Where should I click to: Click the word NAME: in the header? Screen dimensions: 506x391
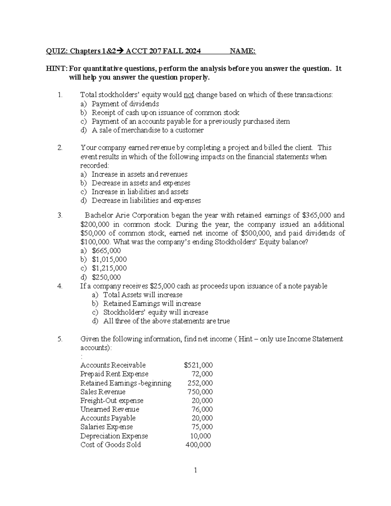pyautogui.click(x=242, y=51)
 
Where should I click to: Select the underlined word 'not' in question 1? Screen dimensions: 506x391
pyautogui.click(x=189, y=95)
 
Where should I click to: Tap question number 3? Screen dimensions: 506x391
pyautogui.click(x=60, y=215)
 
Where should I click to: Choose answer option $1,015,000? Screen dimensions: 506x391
pyautogui.click(x=109, y=259)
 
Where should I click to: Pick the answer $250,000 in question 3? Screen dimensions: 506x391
pyautogui.click(x=107, y=277)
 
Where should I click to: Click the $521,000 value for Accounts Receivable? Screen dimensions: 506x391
pyautogui.click(x=198, y=365)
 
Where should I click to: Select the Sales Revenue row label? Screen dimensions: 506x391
pyautogui.click(x=103, y=392)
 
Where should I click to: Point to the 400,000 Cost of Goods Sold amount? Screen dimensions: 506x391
pyautogui.click(x=198, y=445)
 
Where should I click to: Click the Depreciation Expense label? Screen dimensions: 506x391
pyautogui.click(x=114, y=436)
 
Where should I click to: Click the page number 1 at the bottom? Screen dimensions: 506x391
pyautogui.click(x=195, y=470)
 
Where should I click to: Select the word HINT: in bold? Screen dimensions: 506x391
pyautogui.click(x=57, y=69)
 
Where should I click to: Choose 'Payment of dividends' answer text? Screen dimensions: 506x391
pyautogui.click(x=125, y=104)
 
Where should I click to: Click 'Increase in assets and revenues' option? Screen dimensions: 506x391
pyautogui.click(x=139, y=174)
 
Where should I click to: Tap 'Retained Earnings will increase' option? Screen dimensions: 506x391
pyautogui.click(x=152, y=304)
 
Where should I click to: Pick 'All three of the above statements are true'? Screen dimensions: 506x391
pyautogui.click(x=166, y=321)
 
